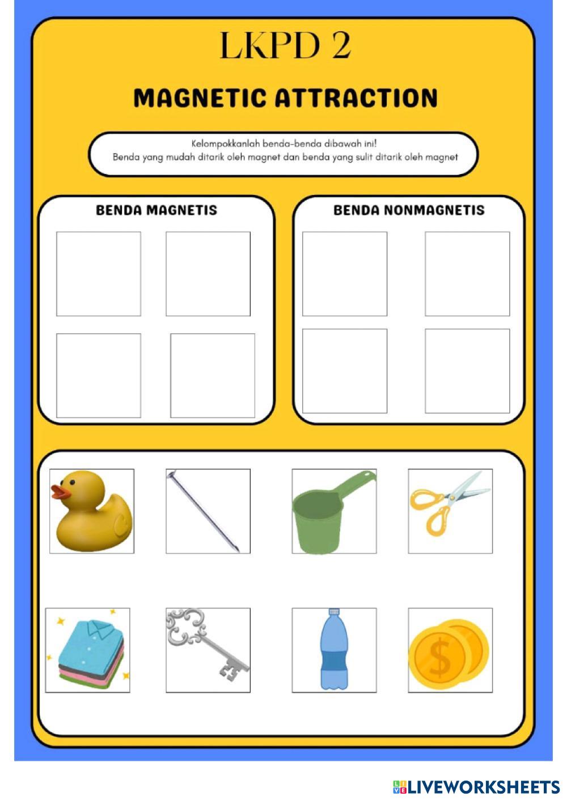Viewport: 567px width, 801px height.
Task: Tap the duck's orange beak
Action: click(60, 491)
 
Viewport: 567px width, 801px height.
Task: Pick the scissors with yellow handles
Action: click(449, 504)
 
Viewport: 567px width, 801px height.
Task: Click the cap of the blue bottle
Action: click(334, 612)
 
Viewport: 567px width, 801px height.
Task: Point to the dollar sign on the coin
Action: click(440, 658)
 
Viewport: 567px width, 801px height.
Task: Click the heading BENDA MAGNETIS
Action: click(156, 210)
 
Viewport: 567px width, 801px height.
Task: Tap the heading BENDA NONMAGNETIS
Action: click(409, 210)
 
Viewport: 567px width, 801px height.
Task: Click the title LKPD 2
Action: click(285, 46)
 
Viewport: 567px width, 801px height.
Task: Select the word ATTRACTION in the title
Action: click(357, 98)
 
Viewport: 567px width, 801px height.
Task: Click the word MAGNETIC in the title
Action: click(200, 98)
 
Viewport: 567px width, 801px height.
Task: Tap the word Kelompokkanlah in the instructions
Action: click(225, 143)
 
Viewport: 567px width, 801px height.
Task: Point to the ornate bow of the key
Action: click(185, 624)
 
